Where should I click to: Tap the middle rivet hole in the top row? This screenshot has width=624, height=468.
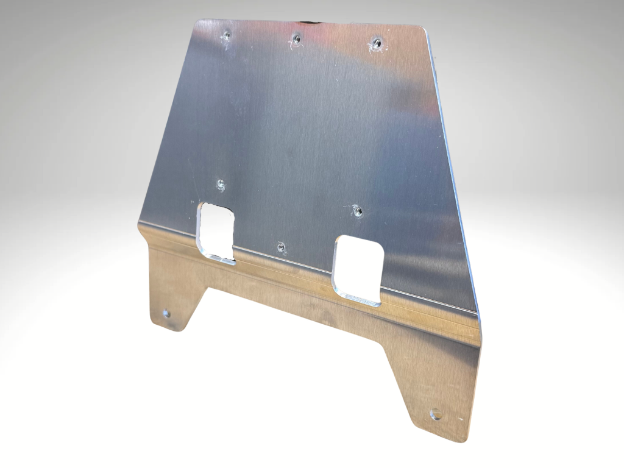296,38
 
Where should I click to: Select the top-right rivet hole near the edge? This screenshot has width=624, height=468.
377,43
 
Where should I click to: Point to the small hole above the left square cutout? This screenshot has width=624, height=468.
221,184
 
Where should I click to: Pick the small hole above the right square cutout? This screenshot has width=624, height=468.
358,212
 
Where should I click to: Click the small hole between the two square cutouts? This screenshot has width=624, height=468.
281,247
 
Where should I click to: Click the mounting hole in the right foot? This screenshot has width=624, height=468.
436,414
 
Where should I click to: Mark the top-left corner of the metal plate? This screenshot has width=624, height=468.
196,22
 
